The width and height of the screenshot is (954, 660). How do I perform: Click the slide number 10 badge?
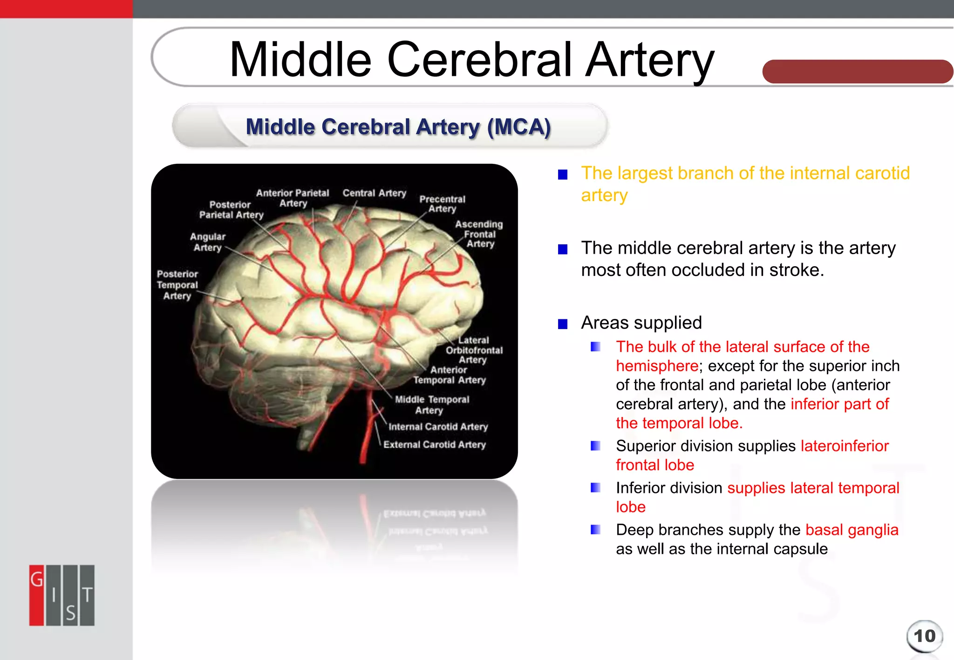point(924,636)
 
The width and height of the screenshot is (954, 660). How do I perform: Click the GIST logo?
point(62,595)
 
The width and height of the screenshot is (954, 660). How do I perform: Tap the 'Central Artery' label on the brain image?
point(374,193)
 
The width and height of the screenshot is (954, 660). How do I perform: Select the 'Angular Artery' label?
point(208,242)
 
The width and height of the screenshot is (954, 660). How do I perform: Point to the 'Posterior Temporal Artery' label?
point(177,285)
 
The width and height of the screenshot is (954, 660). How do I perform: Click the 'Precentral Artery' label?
point(442,204)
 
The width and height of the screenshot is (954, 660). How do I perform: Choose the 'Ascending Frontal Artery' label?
point(479,234)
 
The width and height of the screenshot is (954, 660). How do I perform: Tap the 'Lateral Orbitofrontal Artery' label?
point(474,350)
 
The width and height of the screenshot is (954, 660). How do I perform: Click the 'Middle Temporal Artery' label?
point(432,404)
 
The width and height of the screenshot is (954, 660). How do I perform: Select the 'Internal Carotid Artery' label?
point(438,427)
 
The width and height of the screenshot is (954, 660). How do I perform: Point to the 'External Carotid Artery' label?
point(434,444)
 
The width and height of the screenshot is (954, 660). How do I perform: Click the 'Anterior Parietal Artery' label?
point(293,198)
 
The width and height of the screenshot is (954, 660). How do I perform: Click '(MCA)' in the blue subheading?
point(519,127)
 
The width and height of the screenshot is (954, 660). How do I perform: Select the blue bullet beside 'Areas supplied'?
point(563,323)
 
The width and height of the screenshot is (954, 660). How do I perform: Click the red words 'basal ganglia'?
point(852,530)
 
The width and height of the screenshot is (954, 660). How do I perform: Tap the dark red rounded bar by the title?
point(857,72)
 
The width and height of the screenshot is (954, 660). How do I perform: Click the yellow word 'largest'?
point(645,173)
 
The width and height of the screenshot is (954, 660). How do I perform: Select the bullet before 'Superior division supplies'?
point(595,446)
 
